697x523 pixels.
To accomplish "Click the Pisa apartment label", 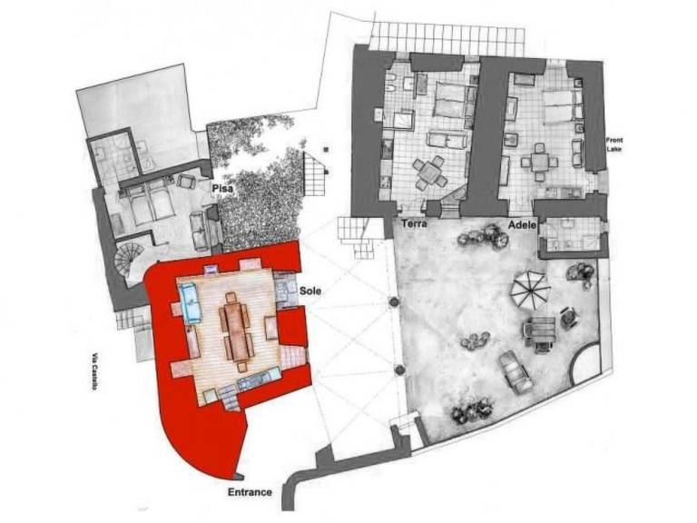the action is click(222, 188).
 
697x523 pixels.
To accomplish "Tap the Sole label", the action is click(310, 291).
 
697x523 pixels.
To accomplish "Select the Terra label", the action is click(414, 223).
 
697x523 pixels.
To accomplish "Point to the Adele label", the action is click(523, 225).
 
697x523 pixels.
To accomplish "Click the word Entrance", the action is click(250, 492).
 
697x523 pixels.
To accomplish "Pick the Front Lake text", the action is click(614, 144).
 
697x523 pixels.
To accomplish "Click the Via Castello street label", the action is click(94, 371).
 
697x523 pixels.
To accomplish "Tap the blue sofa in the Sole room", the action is click(191, 303).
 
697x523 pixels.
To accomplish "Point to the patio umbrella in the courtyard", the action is click(530, 291).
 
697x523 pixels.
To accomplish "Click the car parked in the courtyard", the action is click(515, 371).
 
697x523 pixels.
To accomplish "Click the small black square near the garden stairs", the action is click(327, 150).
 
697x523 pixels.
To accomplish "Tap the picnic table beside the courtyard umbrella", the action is click(540, 332).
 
